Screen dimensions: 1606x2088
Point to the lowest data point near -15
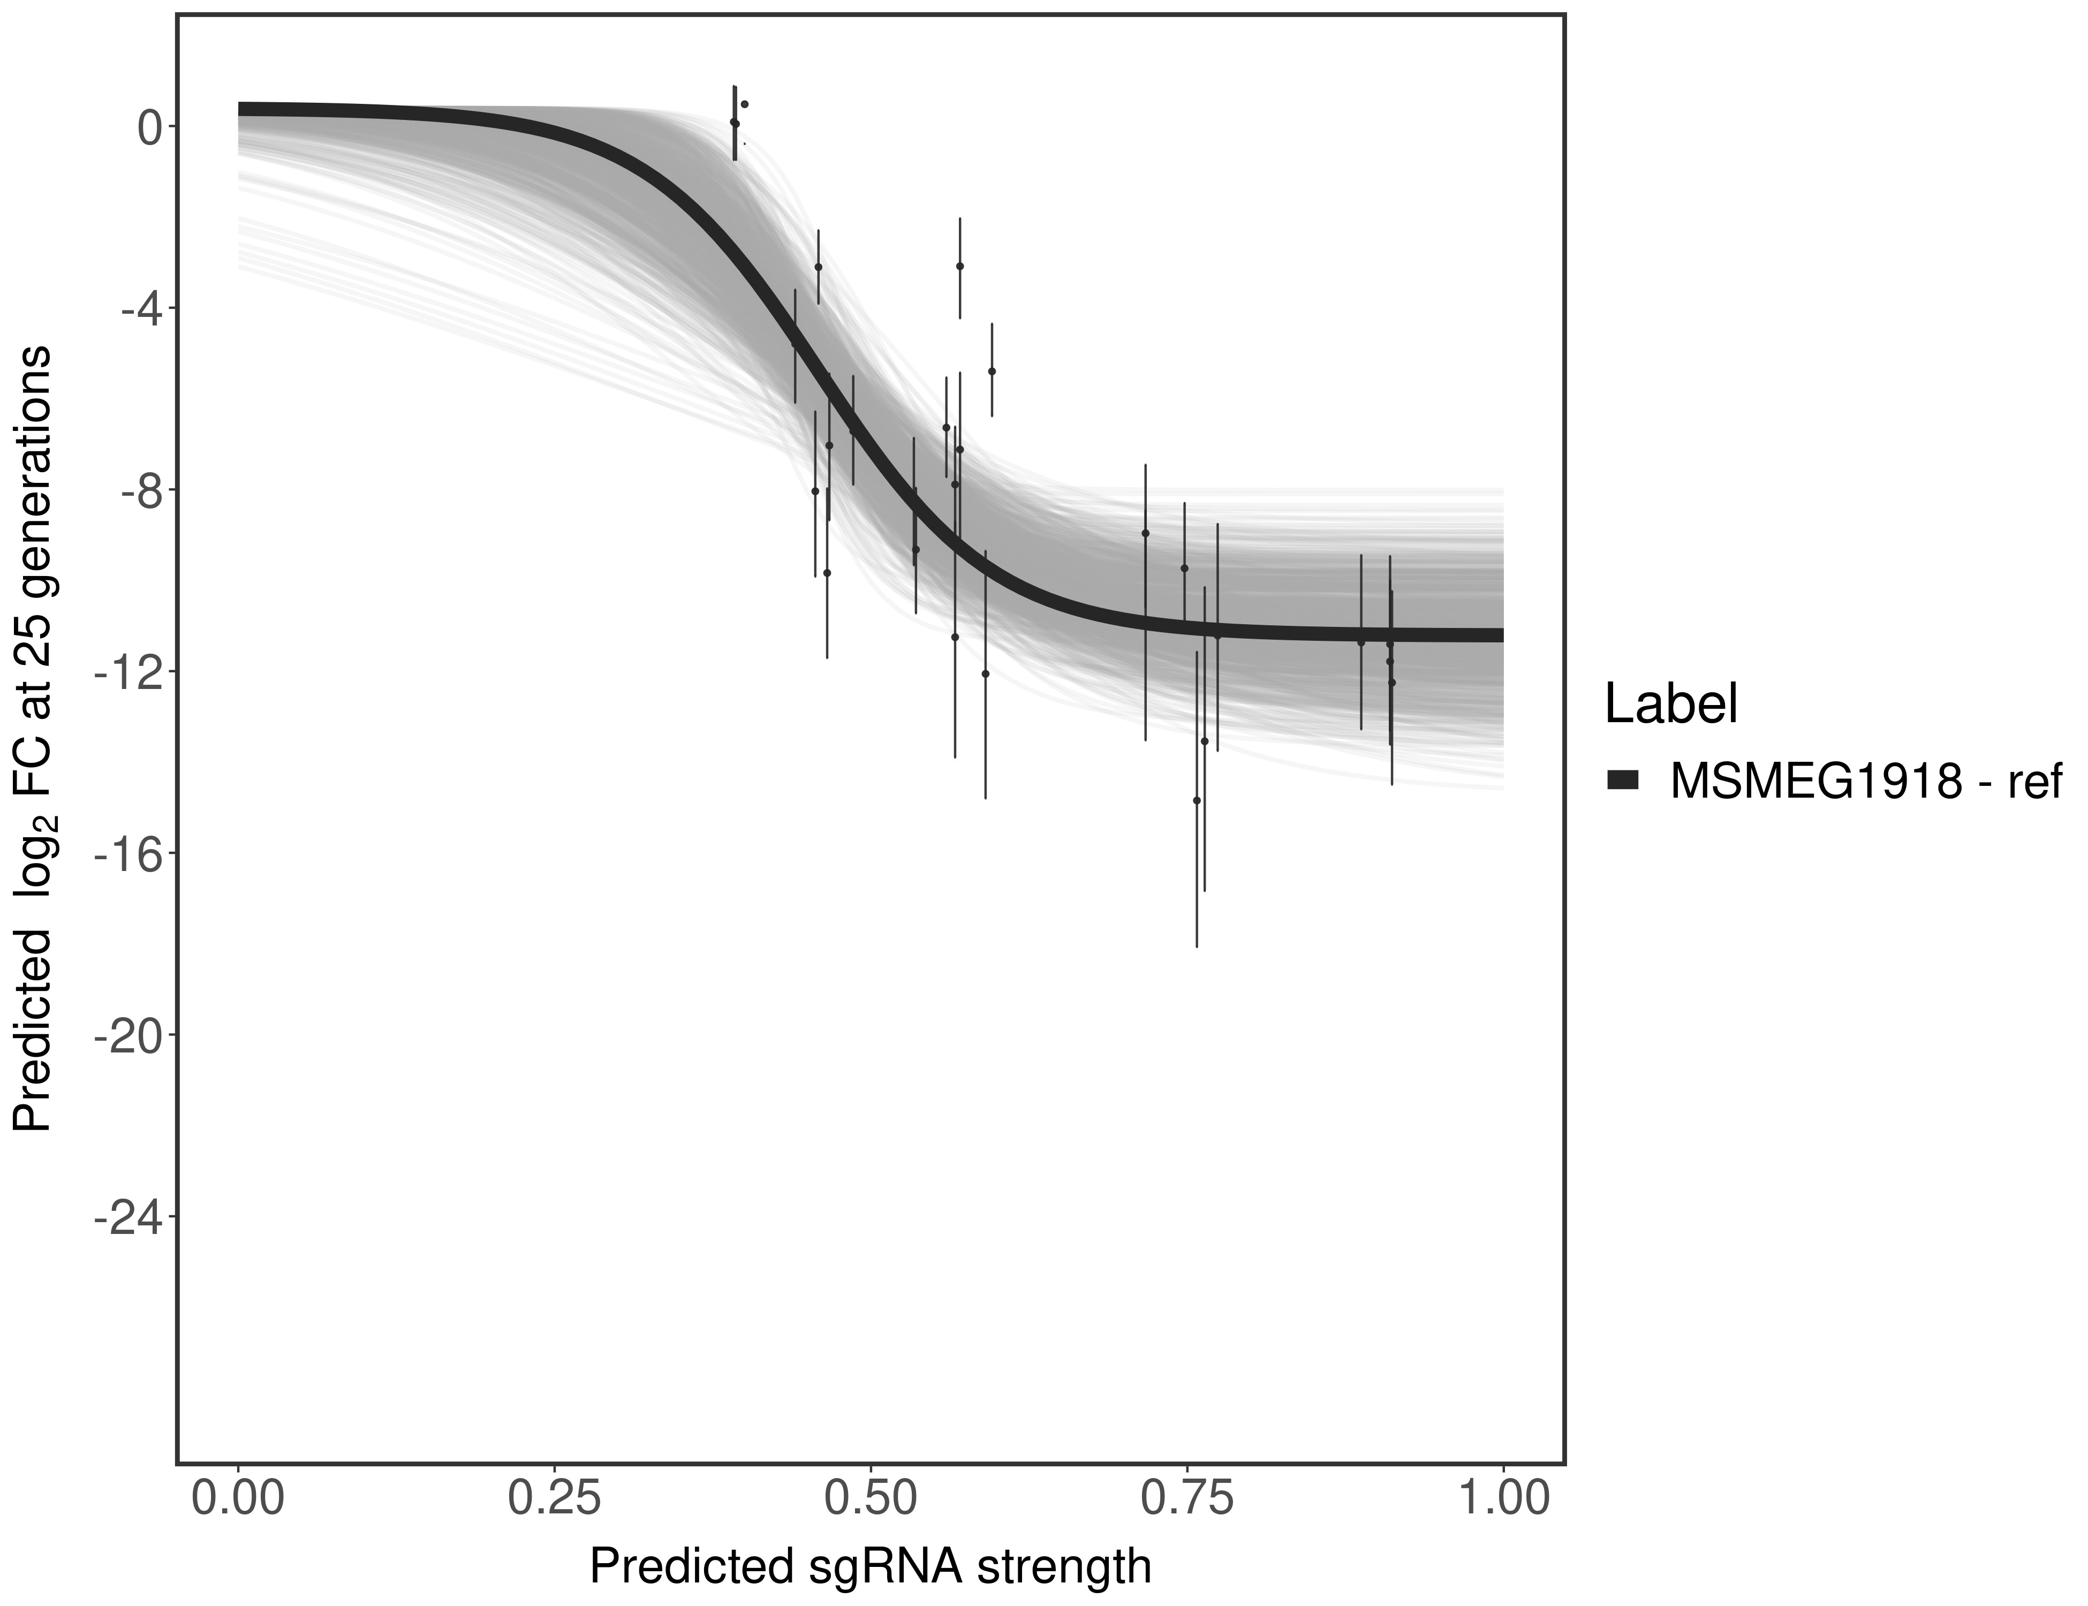tap(1196, 800)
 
